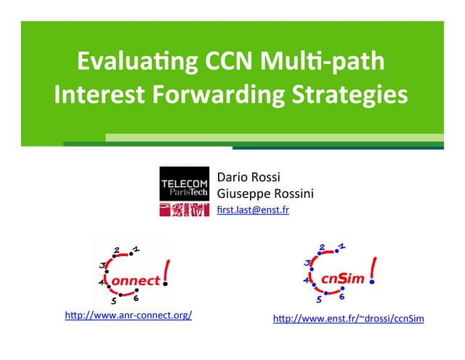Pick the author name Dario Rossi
coord(243,178)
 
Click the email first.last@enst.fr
coord(253,209)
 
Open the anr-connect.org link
coord(129,316)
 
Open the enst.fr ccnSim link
coord(348,319)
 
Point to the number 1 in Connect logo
coord(137,249)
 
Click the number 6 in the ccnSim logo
coord(341,297)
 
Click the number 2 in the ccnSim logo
coord(322,248)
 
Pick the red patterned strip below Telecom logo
coord(185,210)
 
